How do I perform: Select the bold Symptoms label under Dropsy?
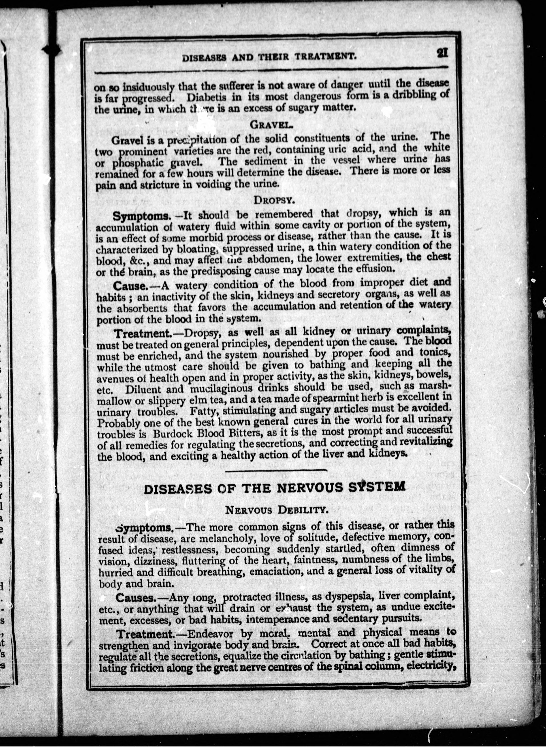coord(141,216)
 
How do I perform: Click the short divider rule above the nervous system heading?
coord(276,470)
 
